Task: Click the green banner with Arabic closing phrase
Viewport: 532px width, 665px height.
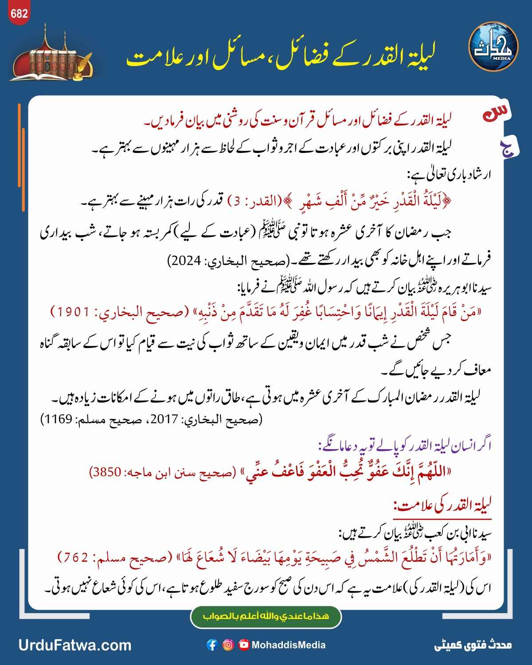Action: tap(266, 617)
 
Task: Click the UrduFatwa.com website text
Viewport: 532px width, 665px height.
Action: tap(75, 645)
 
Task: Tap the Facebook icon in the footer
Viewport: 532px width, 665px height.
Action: tap(212, 645)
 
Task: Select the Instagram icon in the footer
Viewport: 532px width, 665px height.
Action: tap(228, 645)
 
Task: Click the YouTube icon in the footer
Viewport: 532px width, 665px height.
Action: tap(244, 645)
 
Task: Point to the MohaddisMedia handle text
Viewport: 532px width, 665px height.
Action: tap(289, 645)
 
